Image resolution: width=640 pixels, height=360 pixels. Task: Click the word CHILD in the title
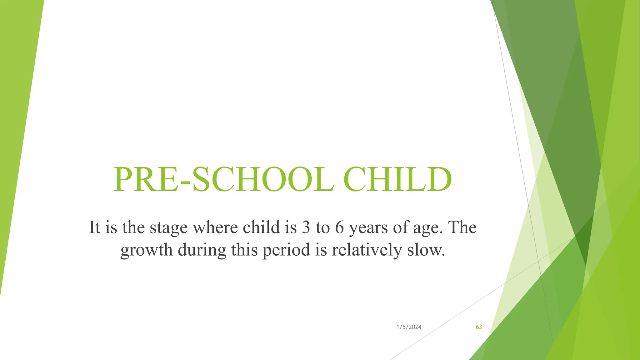397,180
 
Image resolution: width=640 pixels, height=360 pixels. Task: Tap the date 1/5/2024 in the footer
409,327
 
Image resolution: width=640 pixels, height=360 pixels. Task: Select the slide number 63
479,327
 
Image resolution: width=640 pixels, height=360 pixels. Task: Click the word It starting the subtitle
94,227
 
